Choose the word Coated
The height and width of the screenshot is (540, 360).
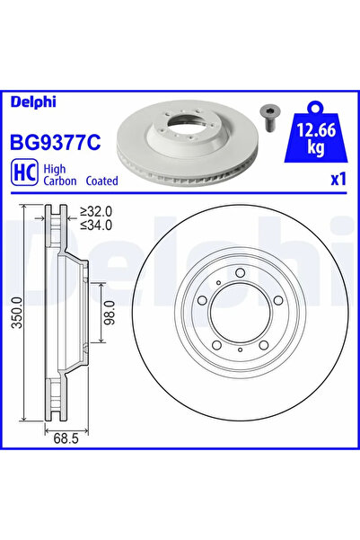(x=103, y=181)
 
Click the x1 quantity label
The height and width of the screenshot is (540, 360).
(x=337, y=179)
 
